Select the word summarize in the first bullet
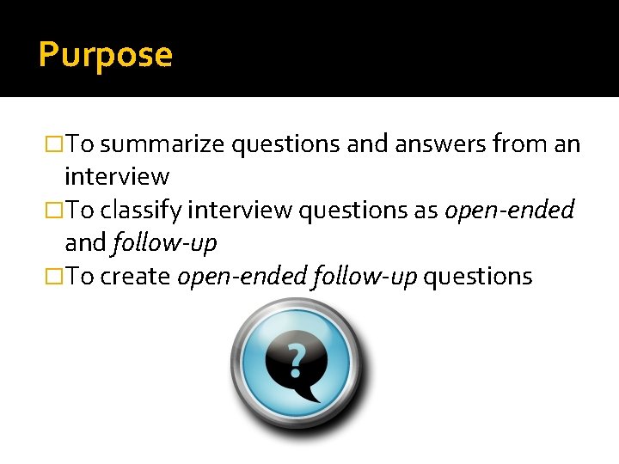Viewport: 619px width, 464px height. pyautogui.click(x=169, y=143)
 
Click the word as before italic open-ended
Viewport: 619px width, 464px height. pyautogui.click(x=427, y=211)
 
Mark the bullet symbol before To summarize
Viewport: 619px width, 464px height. pyautogui.click(x=54, y=143)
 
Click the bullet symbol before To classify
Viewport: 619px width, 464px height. pyautogui.click(x=54, y=211)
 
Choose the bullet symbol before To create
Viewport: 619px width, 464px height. pyautogui.click(x=54, y=277)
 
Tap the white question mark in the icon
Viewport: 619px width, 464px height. pyautogui.click(x=296, y=362)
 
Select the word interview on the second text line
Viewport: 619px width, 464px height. pyautogui.click(x=117, y=177)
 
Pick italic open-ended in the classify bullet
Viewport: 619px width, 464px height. pyautogui.click(x=509, y=211)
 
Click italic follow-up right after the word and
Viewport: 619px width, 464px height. pyautogui.click(x=164, y=244)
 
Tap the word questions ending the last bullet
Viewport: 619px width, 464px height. pyautogui.click(x=478, y=277)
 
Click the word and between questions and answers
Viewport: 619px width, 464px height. pyautogui.click(x=368, y=143)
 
